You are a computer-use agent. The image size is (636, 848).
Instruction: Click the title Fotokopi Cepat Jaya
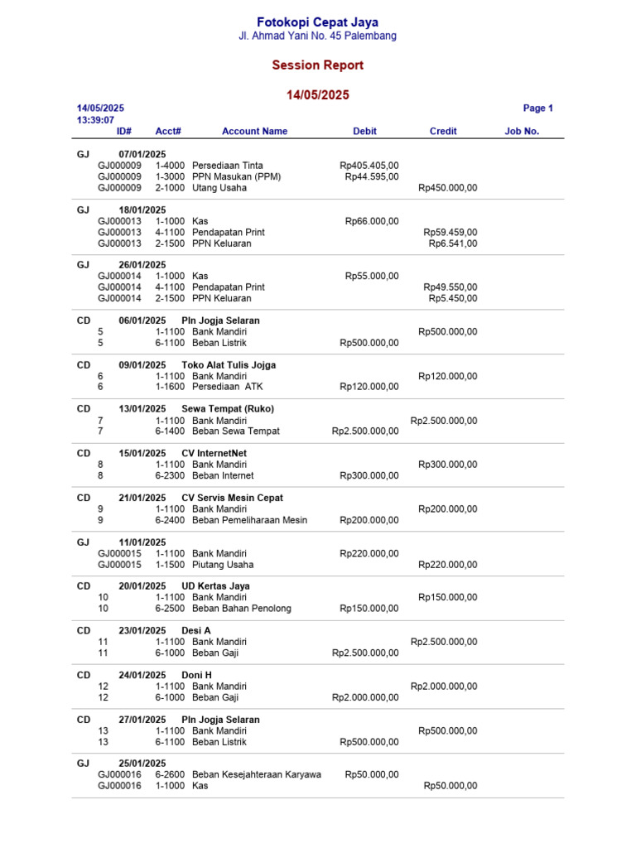[317, 22]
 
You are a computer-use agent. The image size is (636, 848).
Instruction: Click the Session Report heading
[317, 65]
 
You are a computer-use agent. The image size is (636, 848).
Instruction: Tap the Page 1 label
[537, 108]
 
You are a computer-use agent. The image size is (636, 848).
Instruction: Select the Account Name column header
[254, 132]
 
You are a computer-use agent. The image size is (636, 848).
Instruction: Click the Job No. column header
[522, 132]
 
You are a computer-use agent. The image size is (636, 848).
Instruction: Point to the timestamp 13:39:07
[95, 120]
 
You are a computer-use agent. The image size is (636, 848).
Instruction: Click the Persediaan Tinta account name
[227, 166]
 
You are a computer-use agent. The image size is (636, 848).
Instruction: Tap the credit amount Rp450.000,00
[447, 188]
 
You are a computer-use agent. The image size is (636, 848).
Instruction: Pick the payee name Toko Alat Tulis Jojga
[229, 365]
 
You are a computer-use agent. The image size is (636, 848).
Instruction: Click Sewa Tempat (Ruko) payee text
[227, 409]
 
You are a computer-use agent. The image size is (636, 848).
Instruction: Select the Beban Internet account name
[223, 476]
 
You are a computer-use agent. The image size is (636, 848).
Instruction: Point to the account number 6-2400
[170, 520]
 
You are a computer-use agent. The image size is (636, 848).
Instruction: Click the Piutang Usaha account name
[223, 565]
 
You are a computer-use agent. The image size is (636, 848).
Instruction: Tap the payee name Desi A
[196, 631]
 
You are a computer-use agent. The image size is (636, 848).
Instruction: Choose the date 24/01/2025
[142, 675]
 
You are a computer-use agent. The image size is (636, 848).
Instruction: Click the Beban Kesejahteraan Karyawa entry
[256, 775]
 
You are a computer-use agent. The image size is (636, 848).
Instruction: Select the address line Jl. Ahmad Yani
[317, 36]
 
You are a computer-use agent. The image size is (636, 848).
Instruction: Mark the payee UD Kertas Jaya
[215, 586]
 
